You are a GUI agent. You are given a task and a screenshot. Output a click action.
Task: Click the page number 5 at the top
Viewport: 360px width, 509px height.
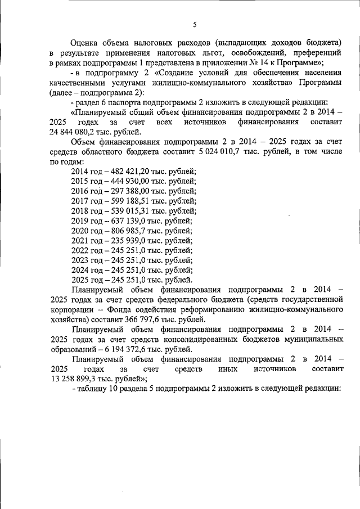point(195,24)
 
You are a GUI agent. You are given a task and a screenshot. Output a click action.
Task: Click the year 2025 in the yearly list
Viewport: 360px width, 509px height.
point(80,280)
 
